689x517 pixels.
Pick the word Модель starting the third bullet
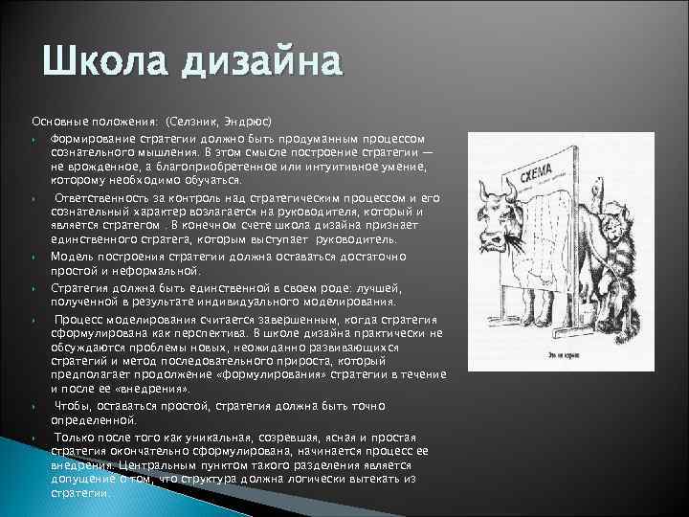[x=71, y=258]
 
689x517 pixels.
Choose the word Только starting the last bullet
[x=78, y=436]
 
